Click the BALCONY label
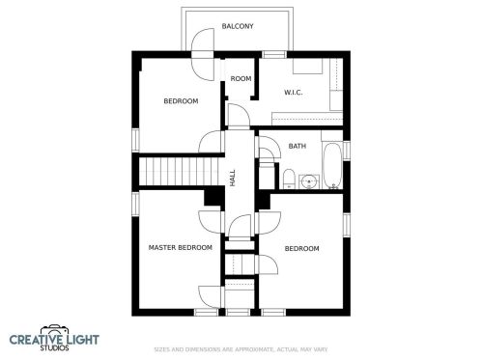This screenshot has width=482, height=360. tap(238, 26)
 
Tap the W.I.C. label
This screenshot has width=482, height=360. tap(294, 93)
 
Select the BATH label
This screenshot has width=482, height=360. tap(298, 146)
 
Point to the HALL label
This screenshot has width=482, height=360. tap(233, 178)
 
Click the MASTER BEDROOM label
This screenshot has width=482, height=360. tap(181, 247)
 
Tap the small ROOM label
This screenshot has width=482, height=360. tap(241, 78)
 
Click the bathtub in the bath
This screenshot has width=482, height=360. tap(332, 166)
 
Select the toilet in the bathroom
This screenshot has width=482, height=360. tap(289, 179)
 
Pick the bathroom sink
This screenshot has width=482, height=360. tap(309, 182)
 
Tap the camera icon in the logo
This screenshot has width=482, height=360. tap(55, 331)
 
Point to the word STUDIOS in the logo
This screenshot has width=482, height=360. tap(54, 347)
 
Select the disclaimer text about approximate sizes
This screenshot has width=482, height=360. tap(241, 349)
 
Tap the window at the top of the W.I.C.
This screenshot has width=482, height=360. tap(274, 55)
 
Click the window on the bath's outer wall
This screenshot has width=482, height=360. tap(347, 151)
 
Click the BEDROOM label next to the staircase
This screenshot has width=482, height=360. tap(181, 101)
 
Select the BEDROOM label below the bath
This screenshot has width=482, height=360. tap(301, 248)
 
